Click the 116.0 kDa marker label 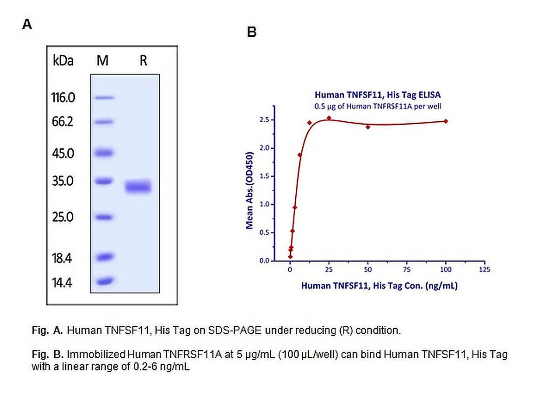pyautogui.click(x=63, y=98)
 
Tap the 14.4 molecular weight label pyautogui.click(x=63, y=282)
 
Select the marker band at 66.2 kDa pyautogui.click(x=103, y=122)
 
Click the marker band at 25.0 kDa pyautogui.click(x=103, y=217)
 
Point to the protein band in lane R pyautogui.click(x=138, y=187)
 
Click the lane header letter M pyautogui.click(x=102, y=61)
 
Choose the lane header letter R pyautogui.click(x=143, y=61)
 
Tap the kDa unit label pyautogui.click(x=63, y=61)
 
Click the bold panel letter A pyautogui.click(x=27, y=25)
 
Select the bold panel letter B pyautogui.click(x=252, y=32)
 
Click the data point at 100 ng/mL pyautogui.click(x=446, y=121)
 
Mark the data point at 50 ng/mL pyautogui.click(x=368, y=127)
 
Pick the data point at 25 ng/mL pyautogui.click(x=329, y=118)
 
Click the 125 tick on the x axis pyautogui.click(x=484, y=270)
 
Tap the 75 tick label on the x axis pyautogui.click(x=407, y=270)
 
